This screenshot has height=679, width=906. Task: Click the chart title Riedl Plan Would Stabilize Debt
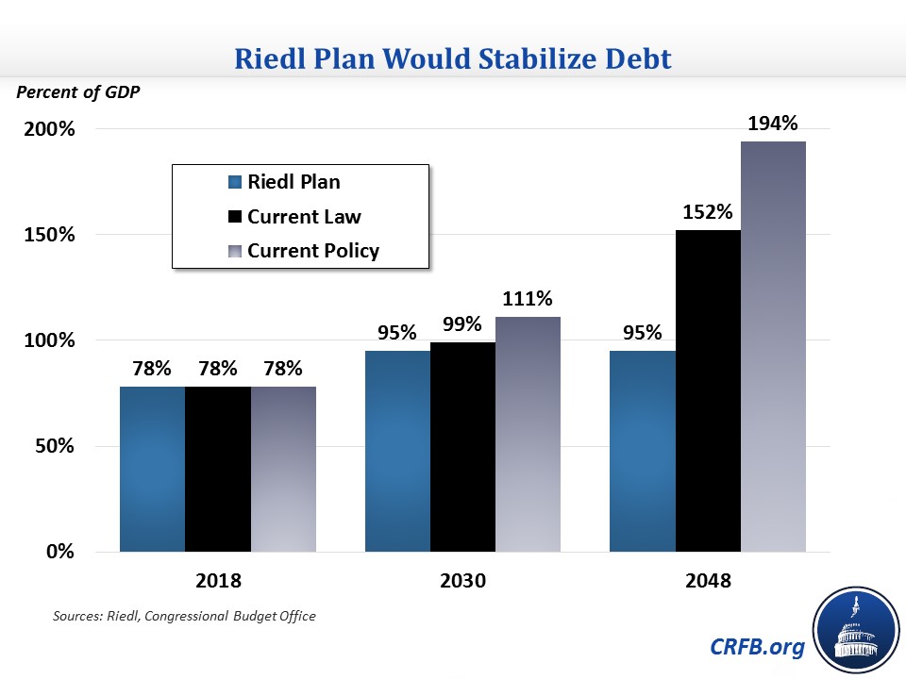click(x=453, y=59)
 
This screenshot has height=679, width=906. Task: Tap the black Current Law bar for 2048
click(x=708, y=390)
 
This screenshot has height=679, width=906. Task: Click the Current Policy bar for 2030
click(x=528, y=434)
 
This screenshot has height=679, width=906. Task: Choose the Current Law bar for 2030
click(x=462, y=447)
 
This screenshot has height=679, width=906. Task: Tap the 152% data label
click(x=709, y=212)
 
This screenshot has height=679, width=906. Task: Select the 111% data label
click(x=528, y=299)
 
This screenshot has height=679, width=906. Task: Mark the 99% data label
click(x=462, y=324)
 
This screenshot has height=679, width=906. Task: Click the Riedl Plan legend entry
click(x=293, y=182)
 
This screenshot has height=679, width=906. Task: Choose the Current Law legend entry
click(x=303, y=217)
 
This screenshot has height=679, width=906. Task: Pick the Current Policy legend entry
click(x=312, y=251)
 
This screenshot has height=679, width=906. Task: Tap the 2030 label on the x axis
click(x=462, y=581)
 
